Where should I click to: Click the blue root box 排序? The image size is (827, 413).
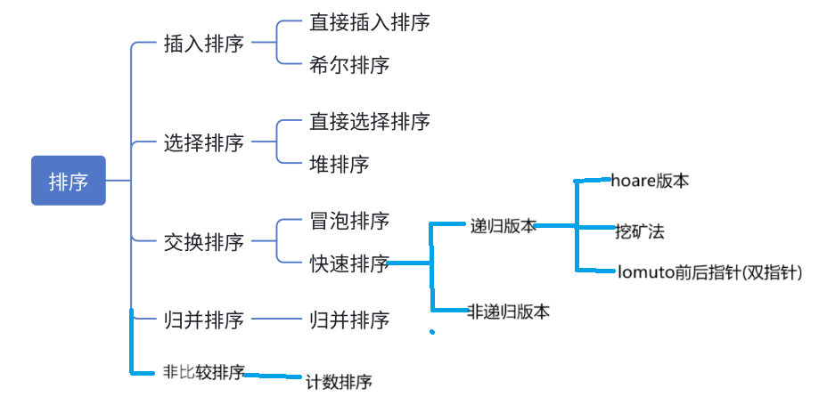coord(69,181)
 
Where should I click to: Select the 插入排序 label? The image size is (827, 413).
coord(204,44)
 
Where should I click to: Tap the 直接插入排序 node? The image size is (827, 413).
coord(370,22)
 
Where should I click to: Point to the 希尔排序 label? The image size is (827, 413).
coord(349,65)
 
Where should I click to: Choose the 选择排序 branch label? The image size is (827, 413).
coord(204,142)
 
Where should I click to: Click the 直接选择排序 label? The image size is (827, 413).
coord(370,121)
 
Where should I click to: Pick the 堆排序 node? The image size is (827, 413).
coord(339,164)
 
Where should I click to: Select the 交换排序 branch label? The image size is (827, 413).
coord(204,241)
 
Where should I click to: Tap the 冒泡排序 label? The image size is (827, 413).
coord(349,220)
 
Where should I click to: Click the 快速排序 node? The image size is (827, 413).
coord(349,263)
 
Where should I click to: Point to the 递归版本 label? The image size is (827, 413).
coord(504,226)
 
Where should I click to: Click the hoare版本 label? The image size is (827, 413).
coord(650,180)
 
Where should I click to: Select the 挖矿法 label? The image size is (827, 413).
coord(640,231)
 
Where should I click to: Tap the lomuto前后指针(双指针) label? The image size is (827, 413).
coord(710,272)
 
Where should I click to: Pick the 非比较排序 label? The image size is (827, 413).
coord(204,372)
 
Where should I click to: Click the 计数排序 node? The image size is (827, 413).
coord(339,382)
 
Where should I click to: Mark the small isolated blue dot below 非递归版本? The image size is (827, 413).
coord(432,333)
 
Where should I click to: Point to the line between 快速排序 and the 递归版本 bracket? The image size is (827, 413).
coord(411,263)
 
